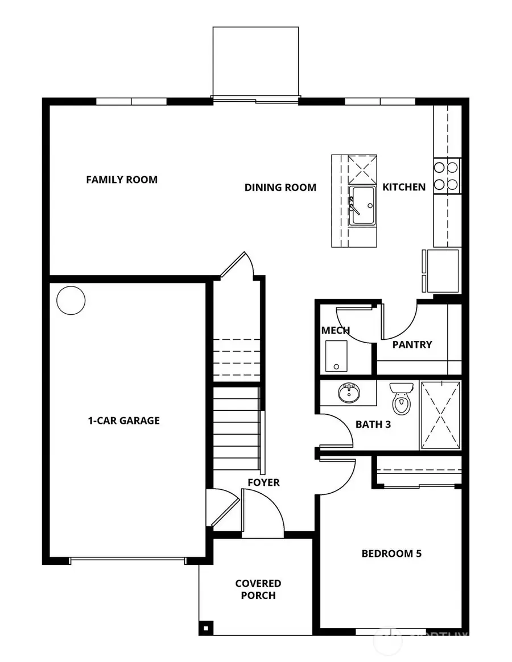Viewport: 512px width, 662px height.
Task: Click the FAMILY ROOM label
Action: [x=122, y=180]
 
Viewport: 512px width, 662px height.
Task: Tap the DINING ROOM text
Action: [x=280, y=187]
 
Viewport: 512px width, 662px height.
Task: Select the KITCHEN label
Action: [x=403, y=187]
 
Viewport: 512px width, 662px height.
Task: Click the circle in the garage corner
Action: [x=71, y=299]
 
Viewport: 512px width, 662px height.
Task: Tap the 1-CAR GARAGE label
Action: [x=123, y=421]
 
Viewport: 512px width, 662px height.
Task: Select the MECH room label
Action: [x=335, y=330]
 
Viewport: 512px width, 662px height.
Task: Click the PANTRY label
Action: [x=412, y=344]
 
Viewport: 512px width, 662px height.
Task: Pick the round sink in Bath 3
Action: [x=348, y=393]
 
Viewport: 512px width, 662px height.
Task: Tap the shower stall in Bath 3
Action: [x=440, y=416]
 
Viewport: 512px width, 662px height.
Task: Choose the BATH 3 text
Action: [x=373, y=424]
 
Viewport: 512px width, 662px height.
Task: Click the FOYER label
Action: [x=263, y=482]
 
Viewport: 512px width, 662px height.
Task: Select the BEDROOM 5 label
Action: [x=391, y=553]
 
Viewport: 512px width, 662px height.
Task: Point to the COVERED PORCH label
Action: [x=258, y=589]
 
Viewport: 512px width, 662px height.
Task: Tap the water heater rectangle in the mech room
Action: [x=336, y=355]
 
